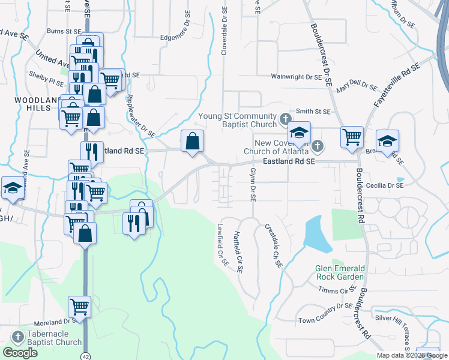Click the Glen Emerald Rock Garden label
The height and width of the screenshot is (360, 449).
tap(340, 272)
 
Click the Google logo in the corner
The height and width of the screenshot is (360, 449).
tap(20, 352)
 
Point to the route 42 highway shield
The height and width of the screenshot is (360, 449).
tap(86, 355)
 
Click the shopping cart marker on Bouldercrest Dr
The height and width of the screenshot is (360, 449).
tap(352, 137)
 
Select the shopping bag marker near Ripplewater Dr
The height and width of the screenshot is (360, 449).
tap(193, 142)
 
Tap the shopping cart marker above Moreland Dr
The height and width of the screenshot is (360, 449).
tap(79, 307)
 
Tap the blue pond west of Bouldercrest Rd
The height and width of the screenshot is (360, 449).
tap(316, 233)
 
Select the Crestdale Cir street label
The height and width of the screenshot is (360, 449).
tap(273, 245)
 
